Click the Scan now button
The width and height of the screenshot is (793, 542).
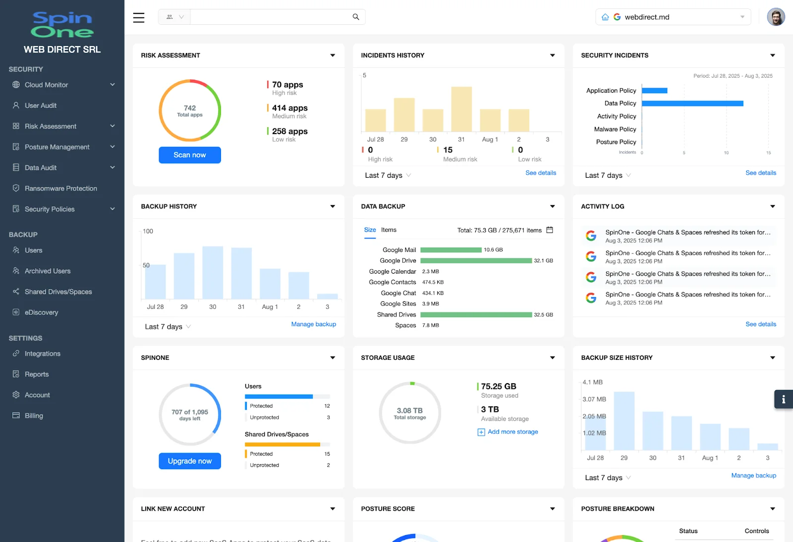click(x=189, y=155)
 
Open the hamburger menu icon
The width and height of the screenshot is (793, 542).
click(x=139, y=17)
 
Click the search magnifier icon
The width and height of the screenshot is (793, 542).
click(x=355, y=17)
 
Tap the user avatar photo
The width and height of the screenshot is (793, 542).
click(x=776, y=17)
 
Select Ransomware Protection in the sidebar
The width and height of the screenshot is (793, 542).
click(x=60, y=189)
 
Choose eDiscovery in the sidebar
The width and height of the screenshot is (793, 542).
click(x=41, y=312)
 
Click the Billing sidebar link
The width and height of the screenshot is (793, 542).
click(x=34, y=416)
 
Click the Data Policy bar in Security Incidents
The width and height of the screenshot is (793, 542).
click(x=692, y=103)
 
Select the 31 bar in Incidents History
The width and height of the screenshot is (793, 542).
click(x=461, y=109)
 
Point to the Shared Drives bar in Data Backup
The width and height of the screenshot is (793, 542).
click(x=476, y=315)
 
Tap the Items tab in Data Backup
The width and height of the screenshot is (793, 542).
click(x=389, y=230)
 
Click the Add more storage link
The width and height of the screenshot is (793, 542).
click(x=512, y=432)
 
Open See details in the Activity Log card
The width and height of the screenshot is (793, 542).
click(x=760, y=324)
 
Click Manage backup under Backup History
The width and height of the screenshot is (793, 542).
click(x=313, y=324)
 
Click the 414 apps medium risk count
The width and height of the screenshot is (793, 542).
click(x=289, y=108)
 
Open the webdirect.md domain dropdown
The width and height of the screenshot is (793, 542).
click(x=673, y=17)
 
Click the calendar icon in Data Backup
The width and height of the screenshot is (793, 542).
click(x=549, y=230)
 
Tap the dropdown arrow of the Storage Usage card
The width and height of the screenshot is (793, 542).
click(x=552, y=358)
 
